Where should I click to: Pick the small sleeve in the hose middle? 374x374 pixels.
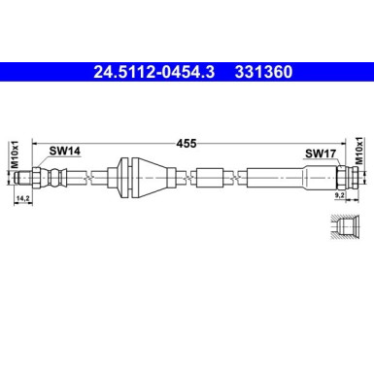212,177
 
